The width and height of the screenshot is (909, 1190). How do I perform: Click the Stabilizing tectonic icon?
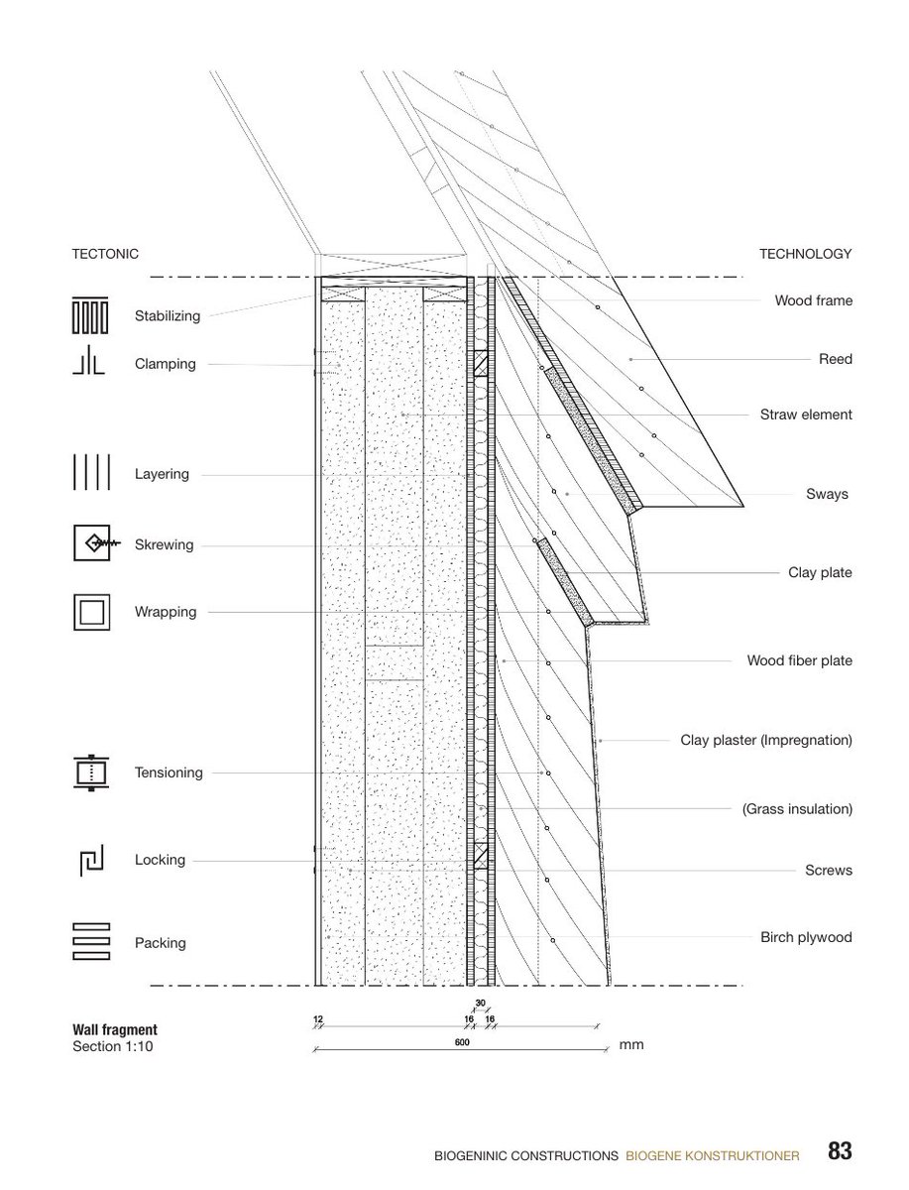click(89, 315)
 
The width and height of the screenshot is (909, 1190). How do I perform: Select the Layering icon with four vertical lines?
click(89, 472)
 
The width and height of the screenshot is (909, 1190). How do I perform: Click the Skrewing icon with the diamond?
click(95, 543)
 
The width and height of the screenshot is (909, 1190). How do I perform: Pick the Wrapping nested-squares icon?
click(90, 612)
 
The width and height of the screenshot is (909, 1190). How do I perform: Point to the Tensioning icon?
click(89, 772)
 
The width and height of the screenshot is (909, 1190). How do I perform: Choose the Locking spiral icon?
click(90, 860)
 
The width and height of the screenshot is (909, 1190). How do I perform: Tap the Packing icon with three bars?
click(89, 942)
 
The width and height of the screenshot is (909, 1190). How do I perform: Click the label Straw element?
click(806, 415)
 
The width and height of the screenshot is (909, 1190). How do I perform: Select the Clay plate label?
click(820, 572)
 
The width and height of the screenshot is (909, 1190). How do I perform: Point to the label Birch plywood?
click(806, 937)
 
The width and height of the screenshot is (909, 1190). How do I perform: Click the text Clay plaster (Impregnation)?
click(766, 740)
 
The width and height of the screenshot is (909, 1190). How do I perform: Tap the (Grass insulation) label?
click(797, 809)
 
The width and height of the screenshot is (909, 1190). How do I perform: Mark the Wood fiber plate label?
click(799, 660)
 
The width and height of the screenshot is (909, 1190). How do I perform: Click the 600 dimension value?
click(461, 1042)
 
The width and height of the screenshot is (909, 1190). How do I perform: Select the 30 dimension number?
click(480, 1004)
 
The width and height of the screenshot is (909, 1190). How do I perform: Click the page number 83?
click(840, 1151)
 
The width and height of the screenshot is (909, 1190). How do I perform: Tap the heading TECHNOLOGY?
click(805, 254)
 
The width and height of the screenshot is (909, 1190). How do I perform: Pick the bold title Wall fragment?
click(115, 1030)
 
